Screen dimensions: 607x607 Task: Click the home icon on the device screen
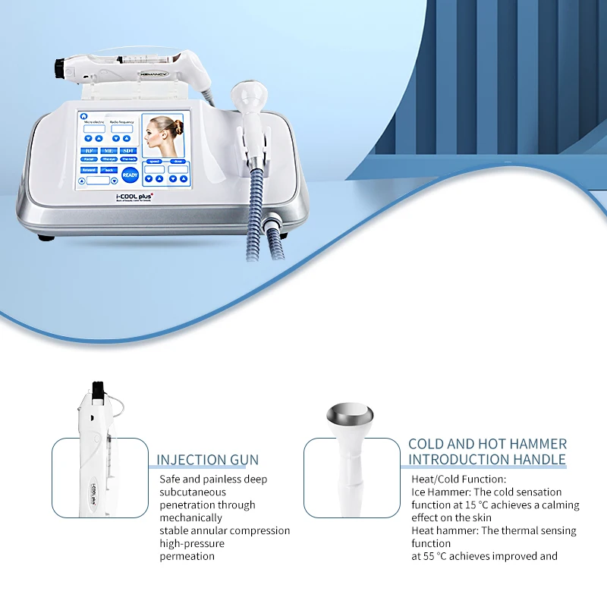[x=82, y=118]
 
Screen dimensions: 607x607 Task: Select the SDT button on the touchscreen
[x=129, y=150]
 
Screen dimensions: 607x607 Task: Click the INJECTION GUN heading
[x=207, y=460]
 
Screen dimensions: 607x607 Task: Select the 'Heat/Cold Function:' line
[x=458, y=479]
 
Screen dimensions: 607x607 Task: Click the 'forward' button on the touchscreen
[x=89, y=170]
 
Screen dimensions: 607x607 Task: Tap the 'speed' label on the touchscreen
[x=155, y=162]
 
